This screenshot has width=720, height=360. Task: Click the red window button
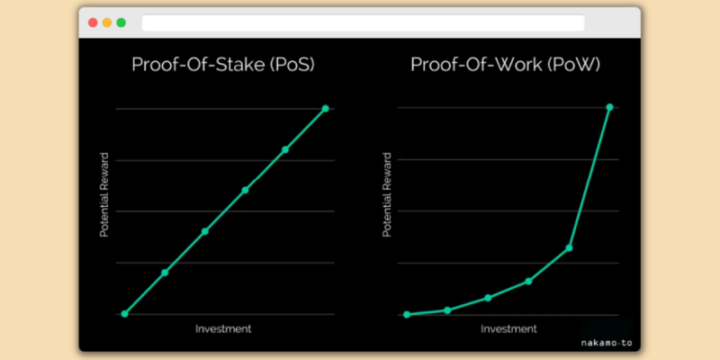[93, 22]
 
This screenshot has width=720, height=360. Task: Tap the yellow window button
[107, 22]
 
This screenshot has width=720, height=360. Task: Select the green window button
[121, 22]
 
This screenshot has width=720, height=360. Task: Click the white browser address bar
[364, 23]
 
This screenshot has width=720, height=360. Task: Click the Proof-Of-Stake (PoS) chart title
[223, 64]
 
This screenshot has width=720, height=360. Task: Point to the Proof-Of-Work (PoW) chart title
[506, 64]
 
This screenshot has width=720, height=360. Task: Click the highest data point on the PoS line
[326, 108]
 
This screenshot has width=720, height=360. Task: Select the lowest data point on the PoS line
[124, 313]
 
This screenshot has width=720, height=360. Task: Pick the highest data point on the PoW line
[610, 107]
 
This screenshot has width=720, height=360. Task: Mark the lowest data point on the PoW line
[407, 314]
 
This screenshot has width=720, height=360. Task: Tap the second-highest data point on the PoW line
[570, 248]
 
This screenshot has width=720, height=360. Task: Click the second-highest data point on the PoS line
[285, 149]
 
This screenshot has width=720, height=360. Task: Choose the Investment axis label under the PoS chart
[223, 328]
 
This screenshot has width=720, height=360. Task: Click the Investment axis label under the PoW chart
[508, 328]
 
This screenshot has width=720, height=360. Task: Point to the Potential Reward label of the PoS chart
[104, 194]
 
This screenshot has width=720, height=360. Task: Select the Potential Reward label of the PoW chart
[387, 194]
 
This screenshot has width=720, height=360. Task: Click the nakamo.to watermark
[607, 343]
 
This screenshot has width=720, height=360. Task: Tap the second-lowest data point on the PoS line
[165, 273]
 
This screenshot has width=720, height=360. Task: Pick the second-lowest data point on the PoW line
[447, 310]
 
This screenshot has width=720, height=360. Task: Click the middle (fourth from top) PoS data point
[205, 231]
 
